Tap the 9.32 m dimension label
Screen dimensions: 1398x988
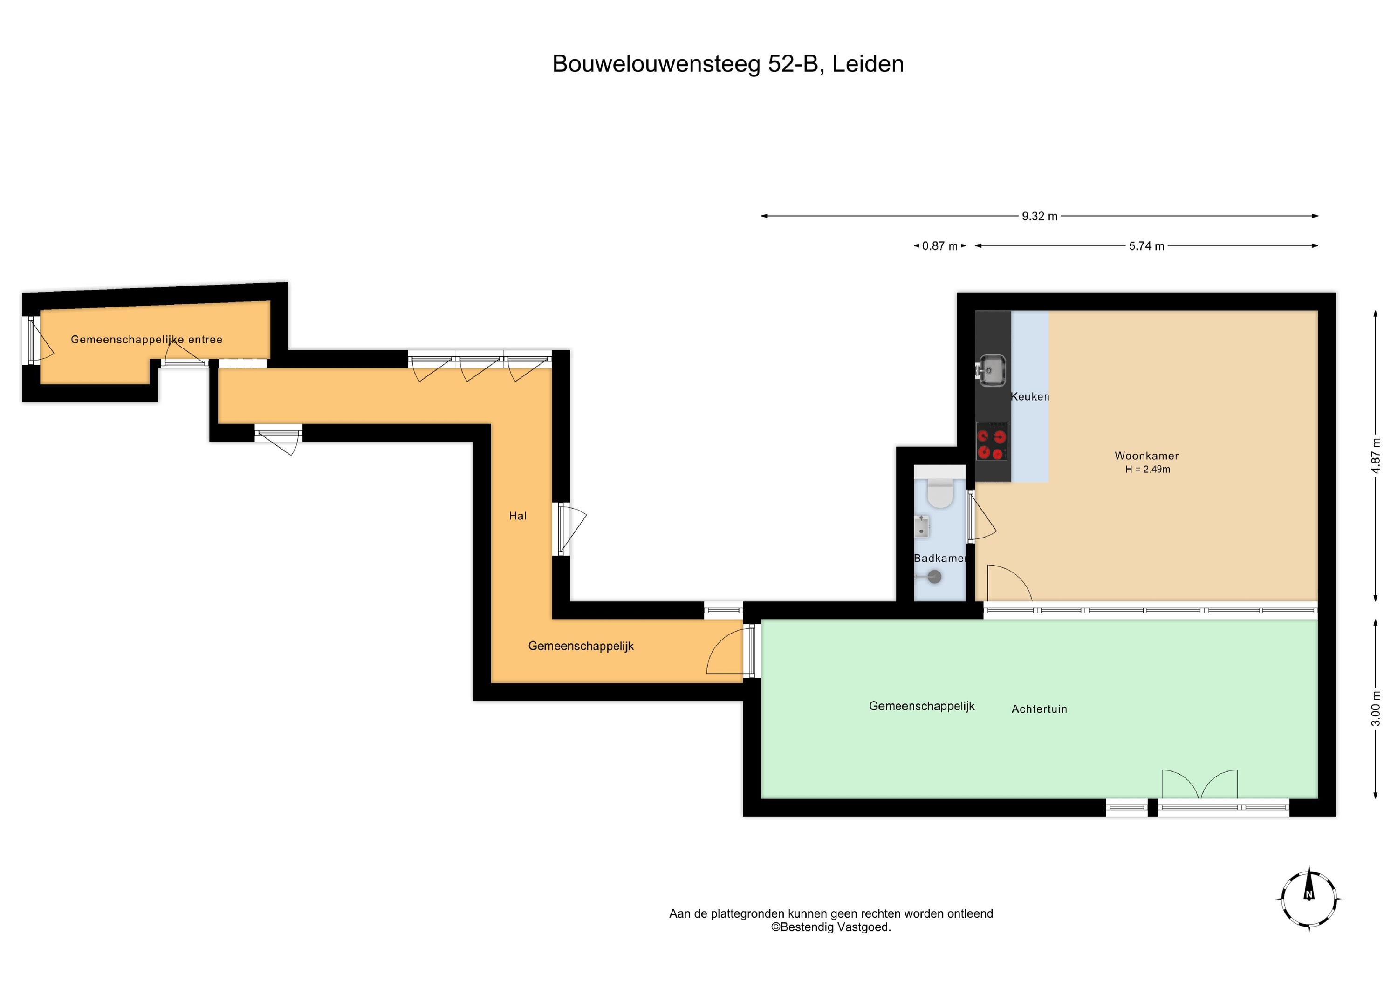(x=1039, y=216)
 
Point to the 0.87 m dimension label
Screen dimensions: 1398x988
(x=939, y=246)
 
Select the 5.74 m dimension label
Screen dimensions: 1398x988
(x=1146, y=246)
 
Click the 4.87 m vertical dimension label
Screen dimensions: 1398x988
(x=1376, y=456)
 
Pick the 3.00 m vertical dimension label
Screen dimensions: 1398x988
(x=1376, y=709)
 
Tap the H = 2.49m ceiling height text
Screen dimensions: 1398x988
(x=1148, y=470)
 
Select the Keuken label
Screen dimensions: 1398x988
(x=1029, y=396)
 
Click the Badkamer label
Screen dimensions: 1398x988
(x=940, y=558)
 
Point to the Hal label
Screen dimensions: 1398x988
(x=518, y=516)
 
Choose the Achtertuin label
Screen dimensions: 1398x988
(x=1039, y=709)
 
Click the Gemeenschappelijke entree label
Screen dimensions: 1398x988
(x=147, y=339)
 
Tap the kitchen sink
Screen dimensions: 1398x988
(x=991, y=369)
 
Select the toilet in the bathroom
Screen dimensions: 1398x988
(x=940, y=492)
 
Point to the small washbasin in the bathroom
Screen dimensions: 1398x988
(x=921, y=526)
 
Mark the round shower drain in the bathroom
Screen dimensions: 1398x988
(x=935, y=576)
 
